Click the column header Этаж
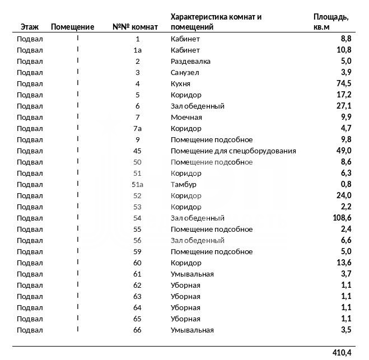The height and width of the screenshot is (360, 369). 30,27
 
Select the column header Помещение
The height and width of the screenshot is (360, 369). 72,27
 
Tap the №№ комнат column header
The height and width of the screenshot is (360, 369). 135,27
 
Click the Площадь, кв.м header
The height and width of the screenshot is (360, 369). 330,22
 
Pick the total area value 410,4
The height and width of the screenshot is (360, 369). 341,353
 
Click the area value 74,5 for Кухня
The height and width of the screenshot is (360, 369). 343,83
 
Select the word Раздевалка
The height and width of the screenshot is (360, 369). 190,61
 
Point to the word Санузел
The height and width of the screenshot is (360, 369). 185,72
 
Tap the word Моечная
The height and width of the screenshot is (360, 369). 186,117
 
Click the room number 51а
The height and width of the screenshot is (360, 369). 138,184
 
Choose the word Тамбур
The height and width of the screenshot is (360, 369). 183,184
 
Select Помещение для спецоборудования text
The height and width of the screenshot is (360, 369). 233,151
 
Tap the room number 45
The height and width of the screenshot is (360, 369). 137,151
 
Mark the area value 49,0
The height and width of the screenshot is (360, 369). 343,151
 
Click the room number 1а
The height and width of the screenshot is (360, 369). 138,50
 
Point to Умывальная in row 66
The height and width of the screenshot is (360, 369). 192,330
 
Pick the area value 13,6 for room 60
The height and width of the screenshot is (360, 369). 343,263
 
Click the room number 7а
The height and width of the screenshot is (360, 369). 138,128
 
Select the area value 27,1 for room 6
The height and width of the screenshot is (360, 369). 343,106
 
